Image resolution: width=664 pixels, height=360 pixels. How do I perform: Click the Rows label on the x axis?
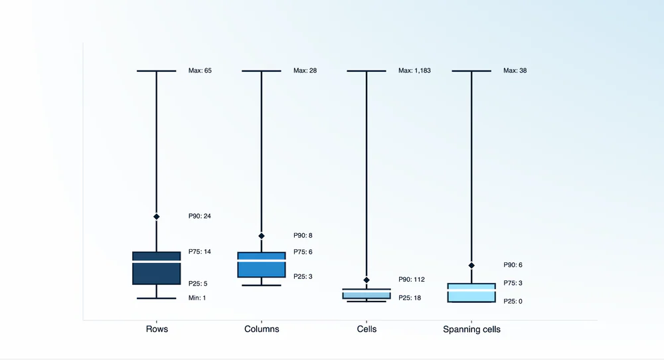click(157, 329)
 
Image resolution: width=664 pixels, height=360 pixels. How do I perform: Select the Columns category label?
click(262, 329)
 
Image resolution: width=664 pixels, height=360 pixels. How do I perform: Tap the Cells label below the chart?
click(367, 329)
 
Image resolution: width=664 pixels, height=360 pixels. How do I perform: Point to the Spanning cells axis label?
click(471, 329)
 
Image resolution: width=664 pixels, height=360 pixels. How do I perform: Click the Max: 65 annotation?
click(200, 70)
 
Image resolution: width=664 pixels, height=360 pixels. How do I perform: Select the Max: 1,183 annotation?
click(414, 70)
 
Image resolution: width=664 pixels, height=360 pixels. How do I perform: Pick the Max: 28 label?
click(305, 70)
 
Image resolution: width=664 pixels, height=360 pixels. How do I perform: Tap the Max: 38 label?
click(515, 70)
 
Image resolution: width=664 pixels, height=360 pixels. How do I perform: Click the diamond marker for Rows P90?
click(157, 217)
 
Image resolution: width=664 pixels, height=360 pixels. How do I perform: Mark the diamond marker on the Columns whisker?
click(262, 236)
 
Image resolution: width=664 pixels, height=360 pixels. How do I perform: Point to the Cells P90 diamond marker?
click(367, 280)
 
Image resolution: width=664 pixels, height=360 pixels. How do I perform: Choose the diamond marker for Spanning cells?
click(471, 266)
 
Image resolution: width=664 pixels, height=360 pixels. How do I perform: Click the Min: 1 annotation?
click(197, 298)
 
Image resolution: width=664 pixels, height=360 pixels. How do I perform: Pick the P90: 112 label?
click(411, 280)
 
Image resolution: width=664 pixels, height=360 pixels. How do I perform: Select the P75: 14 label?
click(200, 252)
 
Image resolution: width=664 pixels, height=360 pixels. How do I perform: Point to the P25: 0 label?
click(513, 302)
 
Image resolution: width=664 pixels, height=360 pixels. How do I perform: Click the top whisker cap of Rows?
click(157, 70)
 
